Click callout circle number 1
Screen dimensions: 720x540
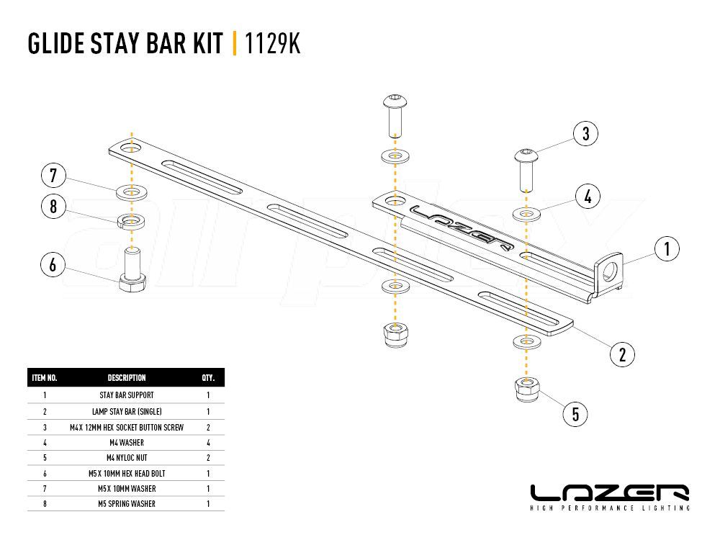(666, 249)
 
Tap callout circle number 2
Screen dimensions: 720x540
(622, 354)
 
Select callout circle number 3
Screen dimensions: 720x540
(585, 134)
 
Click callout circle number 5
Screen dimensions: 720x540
(575, 414)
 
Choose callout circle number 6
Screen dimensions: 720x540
(53, 264)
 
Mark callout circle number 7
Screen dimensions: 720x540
(53, 175)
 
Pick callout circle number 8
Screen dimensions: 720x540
(53, 206)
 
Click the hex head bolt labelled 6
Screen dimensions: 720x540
(132, 270)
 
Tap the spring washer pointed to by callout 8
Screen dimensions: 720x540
(132, 221)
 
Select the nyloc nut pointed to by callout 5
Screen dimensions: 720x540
(527, 389)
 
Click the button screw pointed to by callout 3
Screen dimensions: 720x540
(526, 169)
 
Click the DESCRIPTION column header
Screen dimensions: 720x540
(127, 378)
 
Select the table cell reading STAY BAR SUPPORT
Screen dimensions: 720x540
(127, 395)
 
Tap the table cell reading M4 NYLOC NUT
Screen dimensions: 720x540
(127, 458)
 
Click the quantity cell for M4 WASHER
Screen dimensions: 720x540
(208, 443)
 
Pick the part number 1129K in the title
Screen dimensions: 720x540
(272, 43)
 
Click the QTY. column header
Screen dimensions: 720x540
(208, 378)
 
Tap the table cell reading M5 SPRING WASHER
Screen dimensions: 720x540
(127, 504)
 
